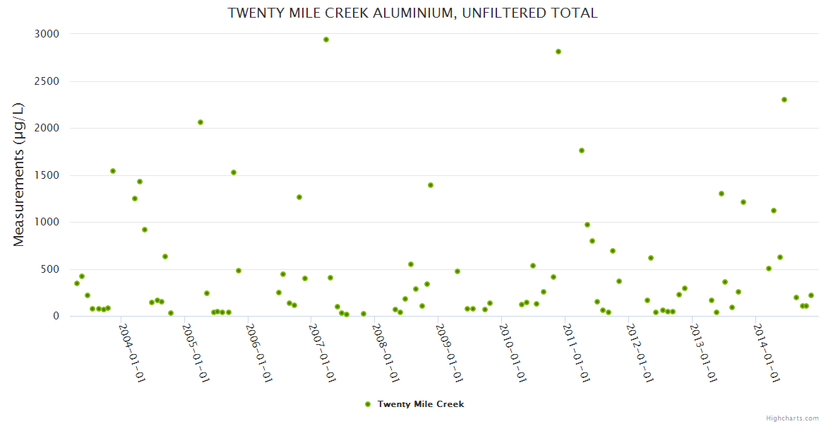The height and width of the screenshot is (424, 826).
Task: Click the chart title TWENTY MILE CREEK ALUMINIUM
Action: coord(412,13)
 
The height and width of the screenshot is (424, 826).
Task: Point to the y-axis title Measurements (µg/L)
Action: coord(19,174)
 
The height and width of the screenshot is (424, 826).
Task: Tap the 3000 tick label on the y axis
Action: coord(47,34)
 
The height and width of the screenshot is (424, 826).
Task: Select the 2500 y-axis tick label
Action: coord(47,81)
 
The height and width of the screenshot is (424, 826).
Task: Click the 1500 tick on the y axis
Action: coord(47,175)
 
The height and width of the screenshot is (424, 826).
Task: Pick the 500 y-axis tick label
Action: coord(49,269)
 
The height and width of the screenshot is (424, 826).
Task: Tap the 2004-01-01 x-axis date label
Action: coord(132,353)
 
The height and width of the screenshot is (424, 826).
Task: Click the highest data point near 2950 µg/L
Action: coord(326,40)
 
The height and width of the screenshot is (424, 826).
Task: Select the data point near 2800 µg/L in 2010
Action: coord(558,52)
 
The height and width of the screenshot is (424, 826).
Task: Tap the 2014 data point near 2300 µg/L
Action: coord(784,100)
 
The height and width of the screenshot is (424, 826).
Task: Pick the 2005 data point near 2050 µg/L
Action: coord(200,122)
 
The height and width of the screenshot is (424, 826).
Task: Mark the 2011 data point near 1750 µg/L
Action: coord(582,151)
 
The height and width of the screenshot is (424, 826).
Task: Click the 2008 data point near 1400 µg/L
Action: coord(431,185)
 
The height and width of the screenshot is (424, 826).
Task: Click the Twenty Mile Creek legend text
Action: coord(421,404)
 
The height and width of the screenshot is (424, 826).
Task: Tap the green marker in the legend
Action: coord(367,404)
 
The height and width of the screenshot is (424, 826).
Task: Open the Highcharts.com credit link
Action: coord(792,418)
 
